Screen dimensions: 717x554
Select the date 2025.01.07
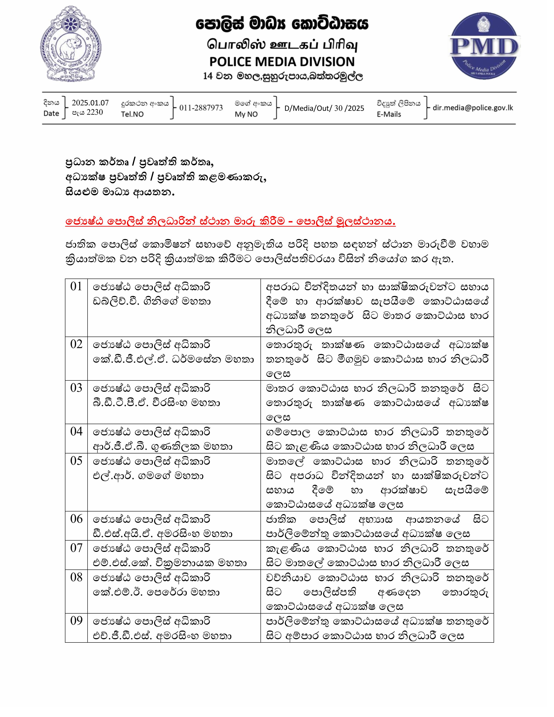[x=90, y=103]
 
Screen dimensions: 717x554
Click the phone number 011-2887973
[x=201, y=108]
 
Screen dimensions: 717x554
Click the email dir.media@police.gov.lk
[x=473, y=108]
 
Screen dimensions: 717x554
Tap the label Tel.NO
[x=132, y=114]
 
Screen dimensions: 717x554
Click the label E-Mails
[x=389, y=114]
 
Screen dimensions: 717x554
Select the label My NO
[x=246, y=114]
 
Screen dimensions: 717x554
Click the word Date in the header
[x=51, y=114]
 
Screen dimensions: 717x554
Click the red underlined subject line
[x=230, y=222]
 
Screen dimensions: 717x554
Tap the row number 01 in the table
[x=76, y=287]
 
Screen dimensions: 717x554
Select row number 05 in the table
[x=76, y=461]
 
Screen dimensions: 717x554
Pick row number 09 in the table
[x=76, y=621]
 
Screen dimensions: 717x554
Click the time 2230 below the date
[x=95, y=113]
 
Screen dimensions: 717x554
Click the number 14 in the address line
[x=208, y=76]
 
